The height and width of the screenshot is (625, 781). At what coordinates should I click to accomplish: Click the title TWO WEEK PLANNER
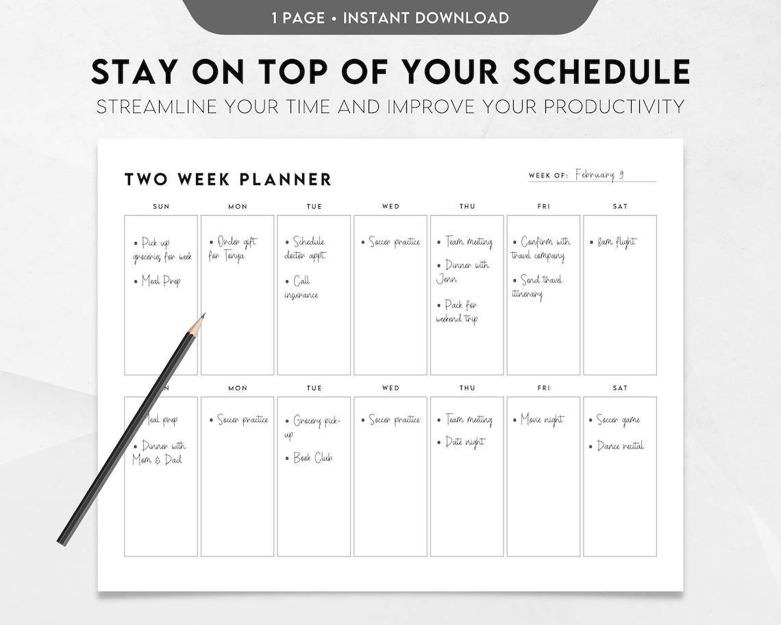pyautogui.click(x=227, y=180)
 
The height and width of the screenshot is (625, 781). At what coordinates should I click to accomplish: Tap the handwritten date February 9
pyautogui.click(x=599, y=174)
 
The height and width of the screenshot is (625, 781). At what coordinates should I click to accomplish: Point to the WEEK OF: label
pyautogui.click(x=548, y=175)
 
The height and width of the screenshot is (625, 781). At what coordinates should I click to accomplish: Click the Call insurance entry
pyautogui.click(x=301, y=288)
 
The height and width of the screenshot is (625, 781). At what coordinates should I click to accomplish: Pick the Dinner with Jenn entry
pyautogui.click(x=463, y=272)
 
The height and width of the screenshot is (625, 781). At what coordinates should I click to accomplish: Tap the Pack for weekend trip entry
pyautogui.click(x=458, y=312)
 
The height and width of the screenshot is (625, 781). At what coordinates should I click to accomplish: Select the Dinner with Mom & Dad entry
pyautogui.click(x=159, y=453)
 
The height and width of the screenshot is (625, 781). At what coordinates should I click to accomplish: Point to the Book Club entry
pyautogui.click(x=310, y=458)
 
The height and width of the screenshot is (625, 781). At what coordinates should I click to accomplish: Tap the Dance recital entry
pyautogui.click(x=617, y=446)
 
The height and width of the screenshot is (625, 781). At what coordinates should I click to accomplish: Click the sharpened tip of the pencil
pyautogui.click(x=203, y=315)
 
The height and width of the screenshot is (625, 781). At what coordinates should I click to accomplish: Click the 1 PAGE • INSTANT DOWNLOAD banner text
pyautogui.click(x=390, y=17)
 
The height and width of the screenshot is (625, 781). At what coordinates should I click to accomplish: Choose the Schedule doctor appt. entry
pyautogui.click(x=306, y=249)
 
